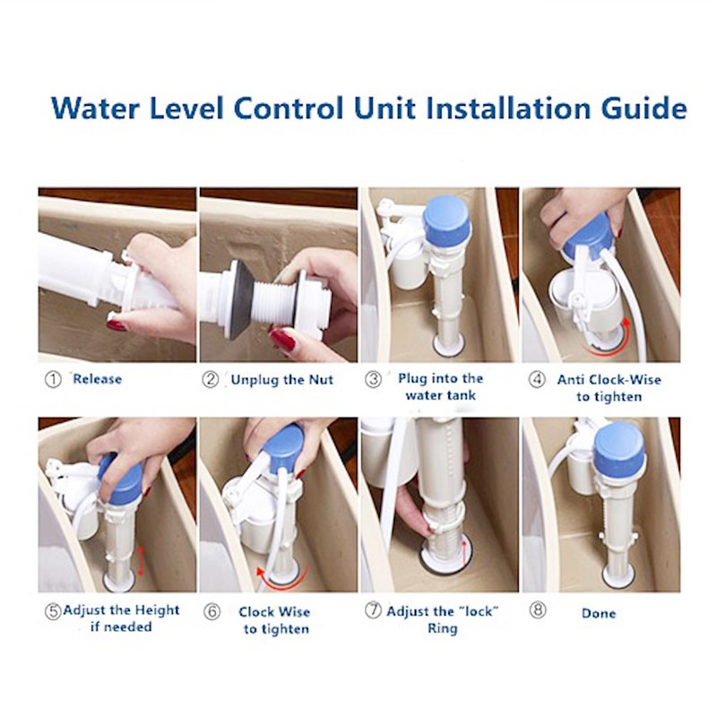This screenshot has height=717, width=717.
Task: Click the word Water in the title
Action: pos(95,108)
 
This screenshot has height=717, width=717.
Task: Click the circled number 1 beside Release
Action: pos(53,379)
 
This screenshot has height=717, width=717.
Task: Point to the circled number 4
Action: pos(537,379)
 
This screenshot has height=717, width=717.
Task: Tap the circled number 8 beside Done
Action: pos(538,610)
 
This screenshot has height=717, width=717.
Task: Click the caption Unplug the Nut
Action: pos(281,380)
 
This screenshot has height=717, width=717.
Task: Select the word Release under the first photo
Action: pos(98,379)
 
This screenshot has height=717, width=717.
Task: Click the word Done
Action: pos(599,613)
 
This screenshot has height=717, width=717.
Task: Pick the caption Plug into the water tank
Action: pos(440,387)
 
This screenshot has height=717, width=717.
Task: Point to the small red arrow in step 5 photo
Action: pos(141,561)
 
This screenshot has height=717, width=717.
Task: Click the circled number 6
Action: pos(212,612)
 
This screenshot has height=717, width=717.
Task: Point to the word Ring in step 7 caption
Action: pos(442,629)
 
